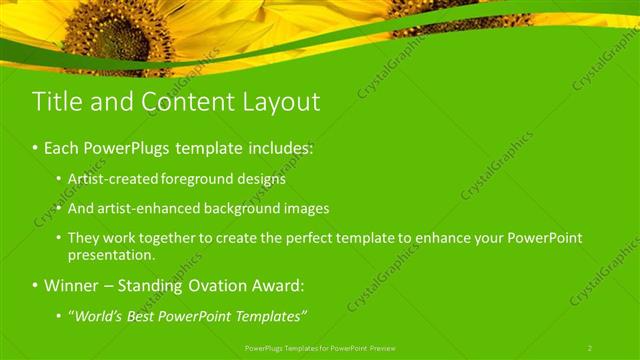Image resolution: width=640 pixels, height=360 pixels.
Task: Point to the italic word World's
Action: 97,317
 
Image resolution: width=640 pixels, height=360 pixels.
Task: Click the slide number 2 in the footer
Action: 590,348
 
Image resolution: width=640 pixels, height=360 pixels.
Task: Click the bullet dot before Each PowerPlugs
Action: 34,148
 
